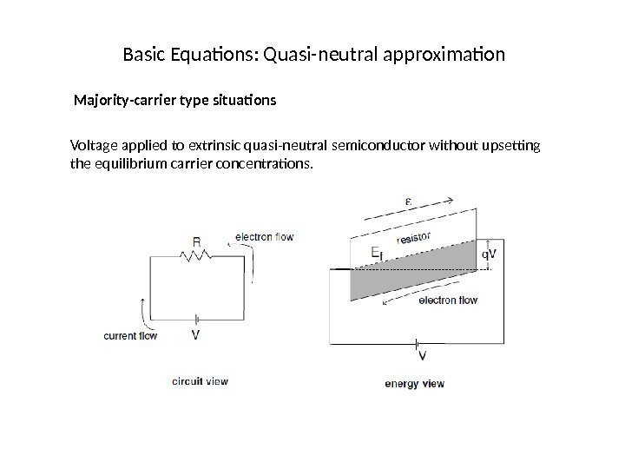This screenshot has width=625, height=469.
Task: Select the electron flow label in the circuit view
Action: [264, 235]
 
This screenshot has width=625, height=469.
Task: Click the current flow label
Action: [130, 336]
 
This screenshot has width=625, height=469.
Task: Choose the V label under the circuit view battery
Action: [196, 335]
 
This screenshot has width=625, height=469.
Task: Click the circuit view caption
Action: [200, 380]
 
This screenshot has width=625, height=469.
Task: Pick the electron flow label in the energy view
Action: [448, 301]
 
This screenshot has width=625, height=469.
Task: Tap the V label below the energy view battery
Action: [423, 355]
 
